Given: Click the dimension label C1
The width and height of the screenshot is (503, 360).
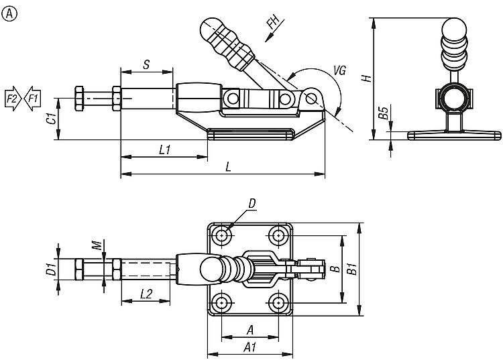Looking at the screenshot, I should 50,119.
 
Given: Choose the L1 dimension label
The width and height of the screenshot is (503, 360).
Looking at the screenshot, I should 163,150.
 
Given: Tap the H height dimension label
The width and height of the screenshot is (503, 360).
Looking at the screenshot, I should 366,78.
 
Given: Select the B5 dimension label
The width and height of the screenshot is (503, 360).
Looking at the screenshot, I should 382,112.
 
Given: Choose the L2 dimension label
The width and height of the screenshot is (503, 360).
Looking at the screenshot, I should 146,293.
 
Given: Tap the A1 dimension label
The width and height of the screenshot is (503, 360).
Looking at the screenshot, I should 249,347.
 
